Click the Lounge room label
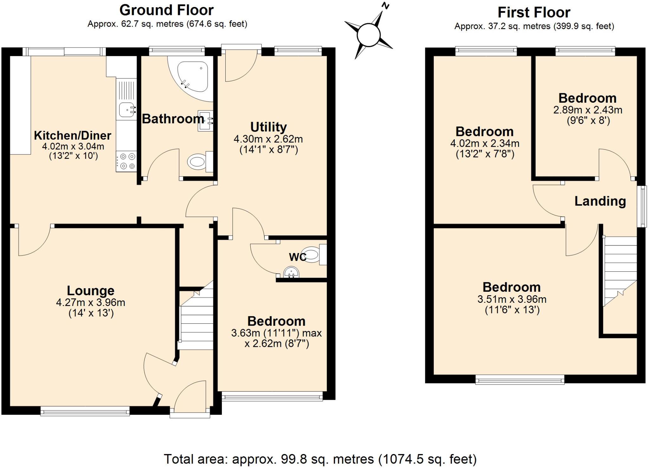91,290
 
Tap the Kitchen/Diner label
73,135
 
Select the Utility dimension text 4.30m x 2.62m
268,139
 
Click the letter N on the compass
385,6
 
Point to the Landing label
600,201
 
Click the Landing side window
642,206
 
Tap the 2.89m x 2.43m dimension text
588,110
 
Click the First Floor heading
534,13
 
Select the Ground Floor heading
166,10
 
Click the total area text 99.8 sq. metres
320,459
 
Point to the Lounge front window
85,412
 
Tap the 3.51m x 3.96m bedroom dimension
512,299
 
